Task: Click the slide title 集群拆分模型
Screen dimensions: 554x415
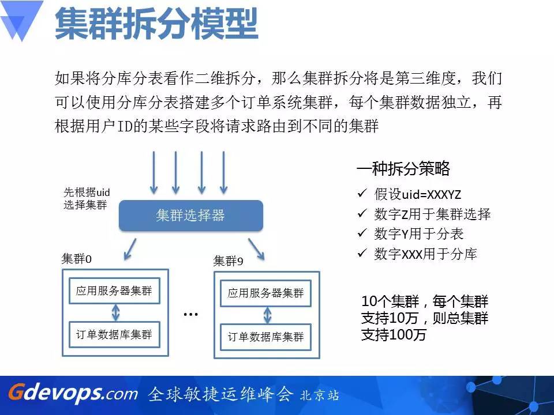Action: click(x=156, y=24)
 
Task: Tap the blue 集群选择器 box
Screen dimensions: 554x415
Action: click(x=191, y=215)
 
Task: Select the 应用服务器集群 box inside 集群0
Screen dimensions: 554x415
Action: click(x=114, y=290)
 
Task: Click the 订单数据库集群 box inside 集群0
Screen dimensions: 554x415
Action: click(x=114, y=334)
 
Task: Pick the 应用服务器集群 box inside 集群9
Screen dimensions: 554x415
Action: click(x=265, y=293)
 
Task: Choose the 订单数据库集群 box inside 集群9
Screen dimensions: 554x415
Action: click(x=265, y=337)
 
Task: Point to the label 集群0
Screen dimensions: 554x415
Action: click(x=77, y=259)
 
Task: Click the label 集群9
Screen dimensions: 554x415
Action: click(x=229, y=261)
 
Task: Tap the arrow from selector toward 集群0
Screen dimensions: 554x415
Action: click(x=130, y=249)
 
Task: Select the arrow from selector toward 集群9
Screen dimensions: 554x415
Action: click(x=256, y=249)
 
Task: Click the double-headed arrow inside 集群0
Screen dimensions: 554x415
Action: click(x=115, y=312)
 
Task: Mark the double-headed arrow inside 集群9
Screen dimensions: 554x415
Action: click(x=267, y=315)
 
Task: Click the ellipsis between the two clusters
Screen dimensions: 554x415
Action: click(x=191, y=314)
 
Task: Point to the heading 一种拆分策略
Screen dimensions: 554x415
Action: click(x=403, y=168)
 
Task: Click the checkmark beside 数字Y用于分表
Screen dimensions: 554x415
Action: click(x=362, y=232)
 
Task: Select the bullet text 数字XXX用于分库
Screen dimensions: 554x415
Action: click(x=425, y=254)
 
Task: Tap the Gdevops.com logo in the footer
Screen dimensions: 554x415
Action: click(x=73, y=393)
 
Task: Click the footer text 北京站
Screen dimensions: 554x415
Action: click(x=319, y=395)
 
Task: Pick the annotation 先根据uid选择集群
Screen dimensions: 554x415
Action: click(x=87, y=198)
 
